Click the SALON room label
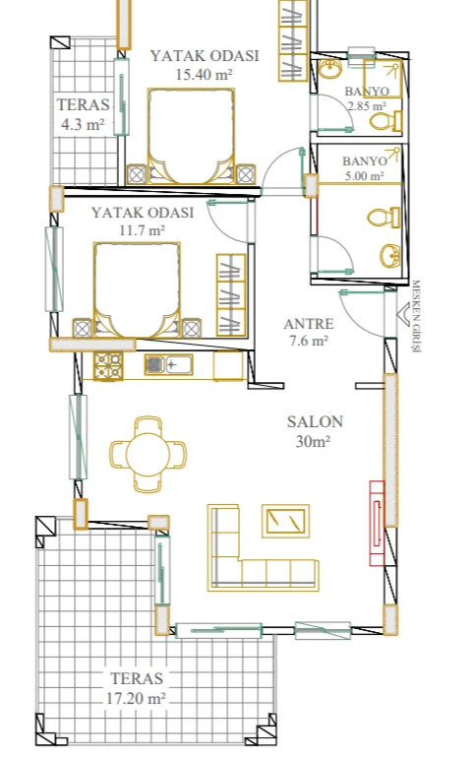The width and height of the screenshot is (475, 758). click(x=315, y=421)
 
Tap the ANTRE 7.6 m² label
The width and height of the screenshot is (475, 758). click(x=309, y=332)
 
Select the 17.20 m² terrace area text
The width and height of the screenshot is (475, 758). click(x=136, y=698)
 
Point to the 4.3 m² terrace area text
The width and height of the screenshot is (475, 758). click(x=83, y=124)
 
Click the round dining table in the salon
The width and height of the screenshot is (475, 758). click(x=148, y=455)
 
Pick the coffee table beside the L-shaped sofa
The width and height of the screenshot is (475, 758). click(x=285, y=521)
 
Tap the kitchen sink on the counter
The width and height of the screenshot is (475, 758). click(x=168, y=364)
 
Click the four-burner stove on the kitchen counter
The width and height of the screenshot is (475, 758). click(x=108, y=366)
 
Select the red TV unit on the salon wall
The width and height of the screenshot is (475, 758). click(x=377, y=523)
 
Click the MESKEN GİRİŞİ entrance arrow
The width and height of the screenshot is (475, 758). click(x=402, y=314)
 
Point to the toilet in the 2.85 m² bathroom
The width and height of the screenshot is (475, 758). click(x=386, y=121)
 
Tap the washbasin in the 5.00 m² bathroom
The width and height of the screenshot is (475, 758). click(x=389, y=255)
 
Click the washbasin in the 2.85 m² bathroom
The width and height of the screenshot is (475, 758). click(x=330, y=69)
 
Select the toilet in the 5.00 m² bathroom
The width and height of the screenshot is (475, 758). click(x=385, y=218)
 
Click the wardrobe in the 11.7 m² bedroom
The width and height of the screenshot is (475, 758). click(x=231, y=295)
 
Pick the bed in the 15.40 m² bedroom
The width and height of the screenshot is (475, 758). click(x=191, y=136)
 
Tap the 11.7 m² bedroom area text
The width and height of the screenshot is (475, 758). click(x=143, y=230)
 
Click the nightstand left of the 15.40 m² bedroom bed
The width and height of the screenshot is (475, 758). click(x=137, y=174)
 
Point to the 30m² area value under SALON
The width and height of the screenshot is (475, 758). click(x=313, y=441)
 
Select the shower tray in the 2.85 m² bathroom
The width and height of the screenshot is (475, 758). click(x=384, y=79)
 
